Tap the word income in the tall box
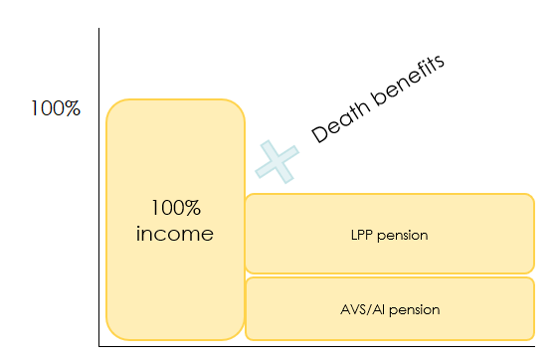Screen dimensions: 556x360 coord(176,235)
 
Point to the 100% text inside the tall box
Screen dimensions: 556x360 coord(176,209)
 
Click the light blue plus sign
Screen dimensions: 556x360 coord(278,161)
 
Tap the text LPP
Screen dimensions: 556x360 coord(362,236)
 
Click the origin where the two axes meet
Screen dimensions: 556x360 coord(99,345)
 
